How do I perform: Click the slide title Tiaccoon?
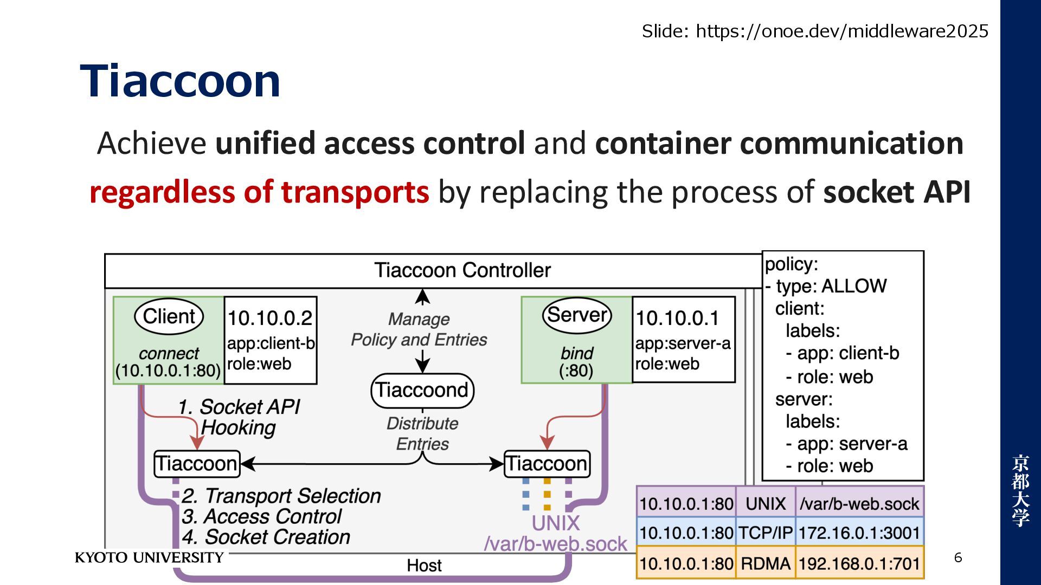(180, 81)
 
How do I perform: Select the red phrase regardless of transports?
(259, 192)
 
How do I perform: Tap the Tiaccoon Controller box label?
(462, 270)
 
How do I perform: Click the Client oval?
(169, 316)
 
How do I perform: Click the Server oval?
(577, 315)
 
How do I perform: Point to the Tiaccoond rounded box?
(422, 390)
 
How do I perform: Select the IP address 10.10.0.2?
(270, 318)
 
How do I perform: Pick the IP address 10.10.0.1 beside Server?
(677, 318)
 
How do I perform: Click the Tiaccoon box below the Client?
(197, 464)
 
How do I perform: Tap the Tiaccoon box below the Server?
(547, 464)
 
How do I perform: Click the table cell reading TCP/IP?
(766, 533)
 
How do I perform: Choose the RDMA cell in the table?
(766, 563)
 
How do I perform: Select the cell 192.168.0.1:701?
(859, 563)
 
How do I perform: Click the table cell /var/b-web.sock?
(859, 504)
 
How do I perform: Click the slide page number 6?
(958, 558)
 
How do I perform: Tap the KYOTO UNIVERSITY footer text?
(149, 558)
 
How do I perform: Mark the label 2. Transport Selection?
(281, 496)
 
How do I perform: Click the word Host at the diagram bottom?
(424, 565)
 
